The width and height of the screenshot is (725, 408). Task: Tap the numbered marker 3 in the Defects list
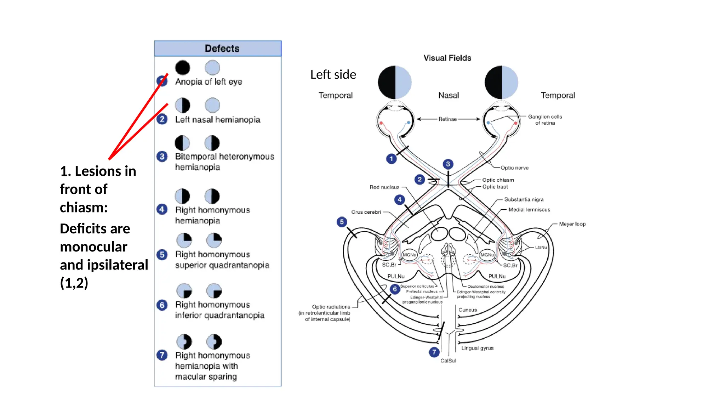point(162,156)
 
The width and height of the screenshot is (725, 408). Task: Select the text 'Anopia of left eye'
point(209,82)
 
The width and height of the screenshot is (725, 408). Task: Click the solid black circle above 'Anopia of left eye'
point(183,68)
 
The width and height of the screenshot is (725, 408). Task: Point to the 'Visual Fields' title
point(447,58)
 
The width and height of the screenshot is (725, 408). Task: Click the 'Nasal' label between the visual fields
point(448,95)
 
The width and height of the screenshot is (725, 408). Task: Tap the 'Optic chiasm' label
point(498,180)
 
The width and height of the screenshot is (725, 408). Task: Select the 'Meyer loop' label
point(572,224)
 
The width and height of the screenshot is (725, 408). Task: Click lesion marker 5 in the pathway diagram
point(342,222)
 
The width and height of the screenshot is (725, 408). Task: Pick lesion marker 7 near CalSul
point(434,352)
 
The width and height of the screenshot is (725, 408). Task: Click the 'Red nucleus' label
point(384,187)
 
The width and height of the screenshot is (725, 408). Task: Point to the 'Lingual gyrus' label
point(477,348)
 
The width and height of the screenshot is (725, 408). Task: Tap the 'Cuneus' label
point(468,310)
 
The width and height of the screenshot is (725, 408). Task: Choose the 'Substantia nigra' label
point(524,199)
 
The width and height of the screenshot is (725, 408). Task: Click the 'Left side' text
point(333,75)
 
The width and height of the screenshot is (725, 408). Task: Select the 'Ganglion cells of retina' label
point(545,120)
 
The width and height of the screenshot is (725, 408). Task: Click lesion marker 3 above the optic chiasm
point(448,164)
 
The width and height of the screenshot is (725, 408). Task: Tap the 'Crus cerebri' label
point(366,212)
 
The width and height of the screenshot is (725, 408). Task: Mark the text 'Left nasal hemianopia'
point(217,120)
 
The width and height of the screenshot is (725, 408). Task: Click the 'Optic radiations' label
point(331,307)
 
